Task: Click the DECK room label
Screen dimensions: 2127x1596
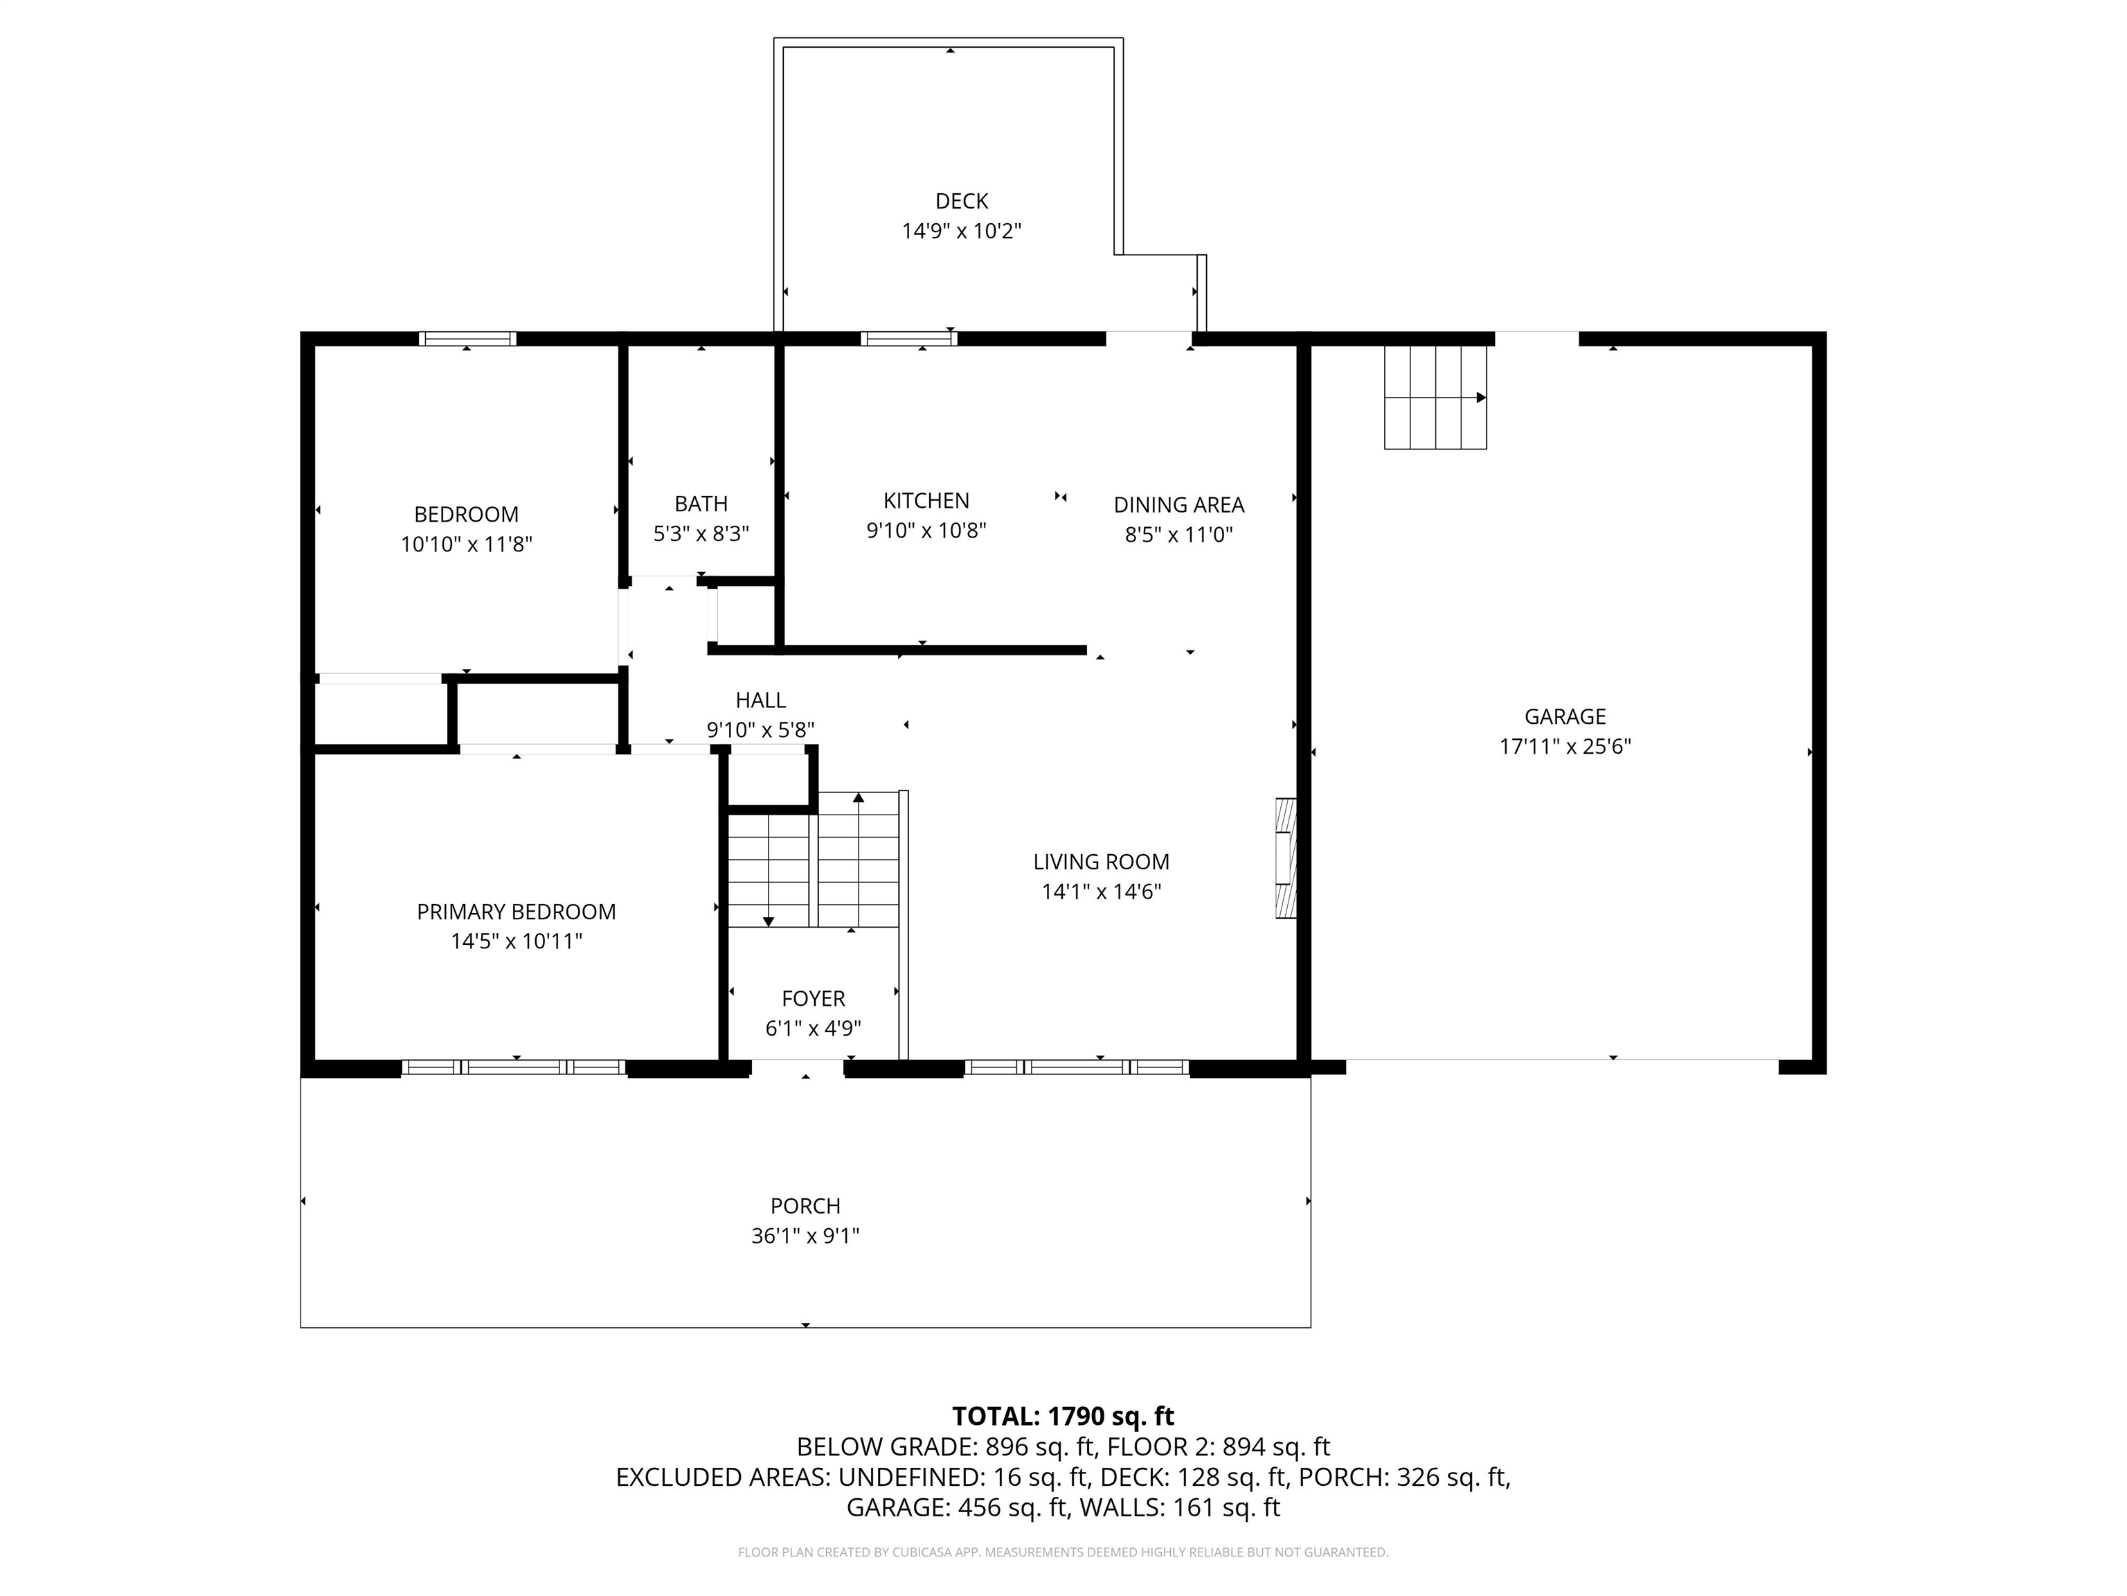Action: (x=962, y=201)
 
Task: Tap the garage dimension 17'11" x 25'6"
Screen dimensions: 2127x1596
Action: (x=1565, y=747)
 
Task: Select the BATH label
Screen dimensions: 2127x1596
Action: (x=701, y=504)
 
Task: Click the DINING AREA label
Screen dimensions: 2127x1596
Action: (x=1179, y=505)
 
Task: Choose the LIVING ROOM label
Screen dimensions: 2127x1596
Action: (x=1101, y=862)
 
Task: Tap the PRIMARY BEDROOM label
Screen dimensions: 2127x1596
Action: (x=517, y=912)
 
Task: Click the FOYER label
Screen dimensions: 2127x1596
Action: (x=814, y=999)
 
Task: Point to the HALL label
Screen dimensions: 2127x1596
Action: (x=761, y=700)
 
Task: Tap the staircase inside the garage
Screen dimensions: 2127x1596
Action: (x=1435, y=398)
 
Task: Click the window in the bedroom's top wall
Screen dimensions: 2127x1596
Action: (x=467, y=339)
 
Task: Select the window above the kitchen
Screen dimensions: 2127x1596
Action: (x=908, y=339)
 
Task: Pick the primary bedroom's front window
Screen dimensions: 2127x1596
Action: (x=514, y=1067)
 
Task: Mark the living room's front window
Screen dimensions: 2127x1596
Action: (x=1077, y=1067)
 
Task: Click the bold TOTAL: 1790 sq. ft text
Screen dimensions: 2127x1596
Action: (x=1063, y=1416)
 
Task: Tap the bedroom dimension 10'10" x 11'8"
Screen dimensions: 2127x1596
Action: (x=467, y=544)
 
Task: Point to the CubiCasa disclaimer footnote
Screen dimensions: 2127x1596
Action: (x=1063, y=1552)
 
